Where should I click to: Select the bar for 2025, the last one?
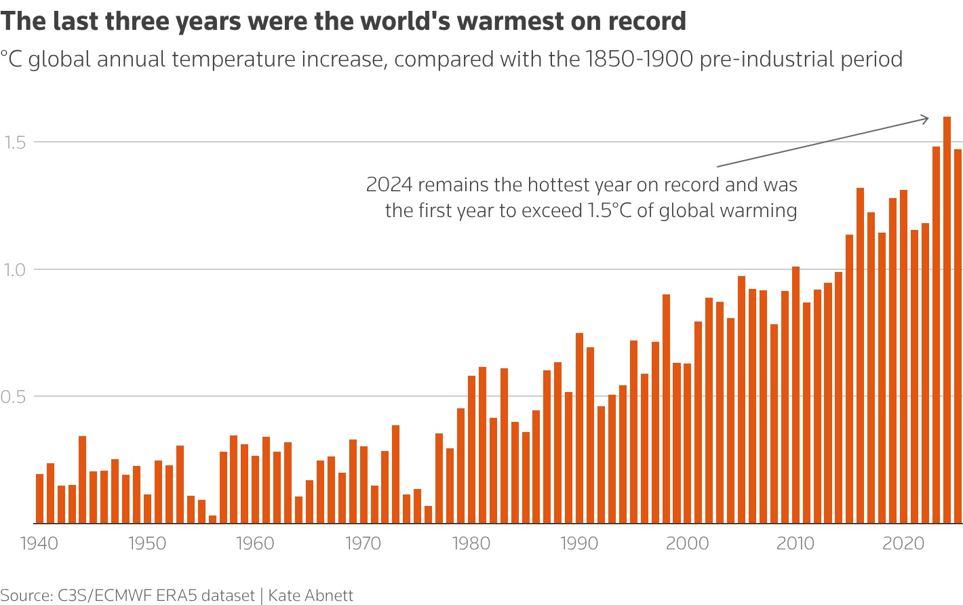[x=958, y=336]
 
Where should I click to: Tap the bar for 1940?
[x=39, y=499]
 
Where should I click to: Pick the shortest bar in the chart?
[x=212, y=519]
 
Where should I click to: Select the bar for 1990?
[x=579, y=428]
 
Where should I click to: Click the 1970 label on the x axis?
[x=363, y=544]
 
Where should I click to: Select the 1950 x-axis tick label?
[x=147, y=544]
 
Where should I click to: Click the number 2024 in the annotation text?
[x=389, y=184]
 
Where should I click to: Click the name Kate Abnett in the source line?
[x=311, y=596]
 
